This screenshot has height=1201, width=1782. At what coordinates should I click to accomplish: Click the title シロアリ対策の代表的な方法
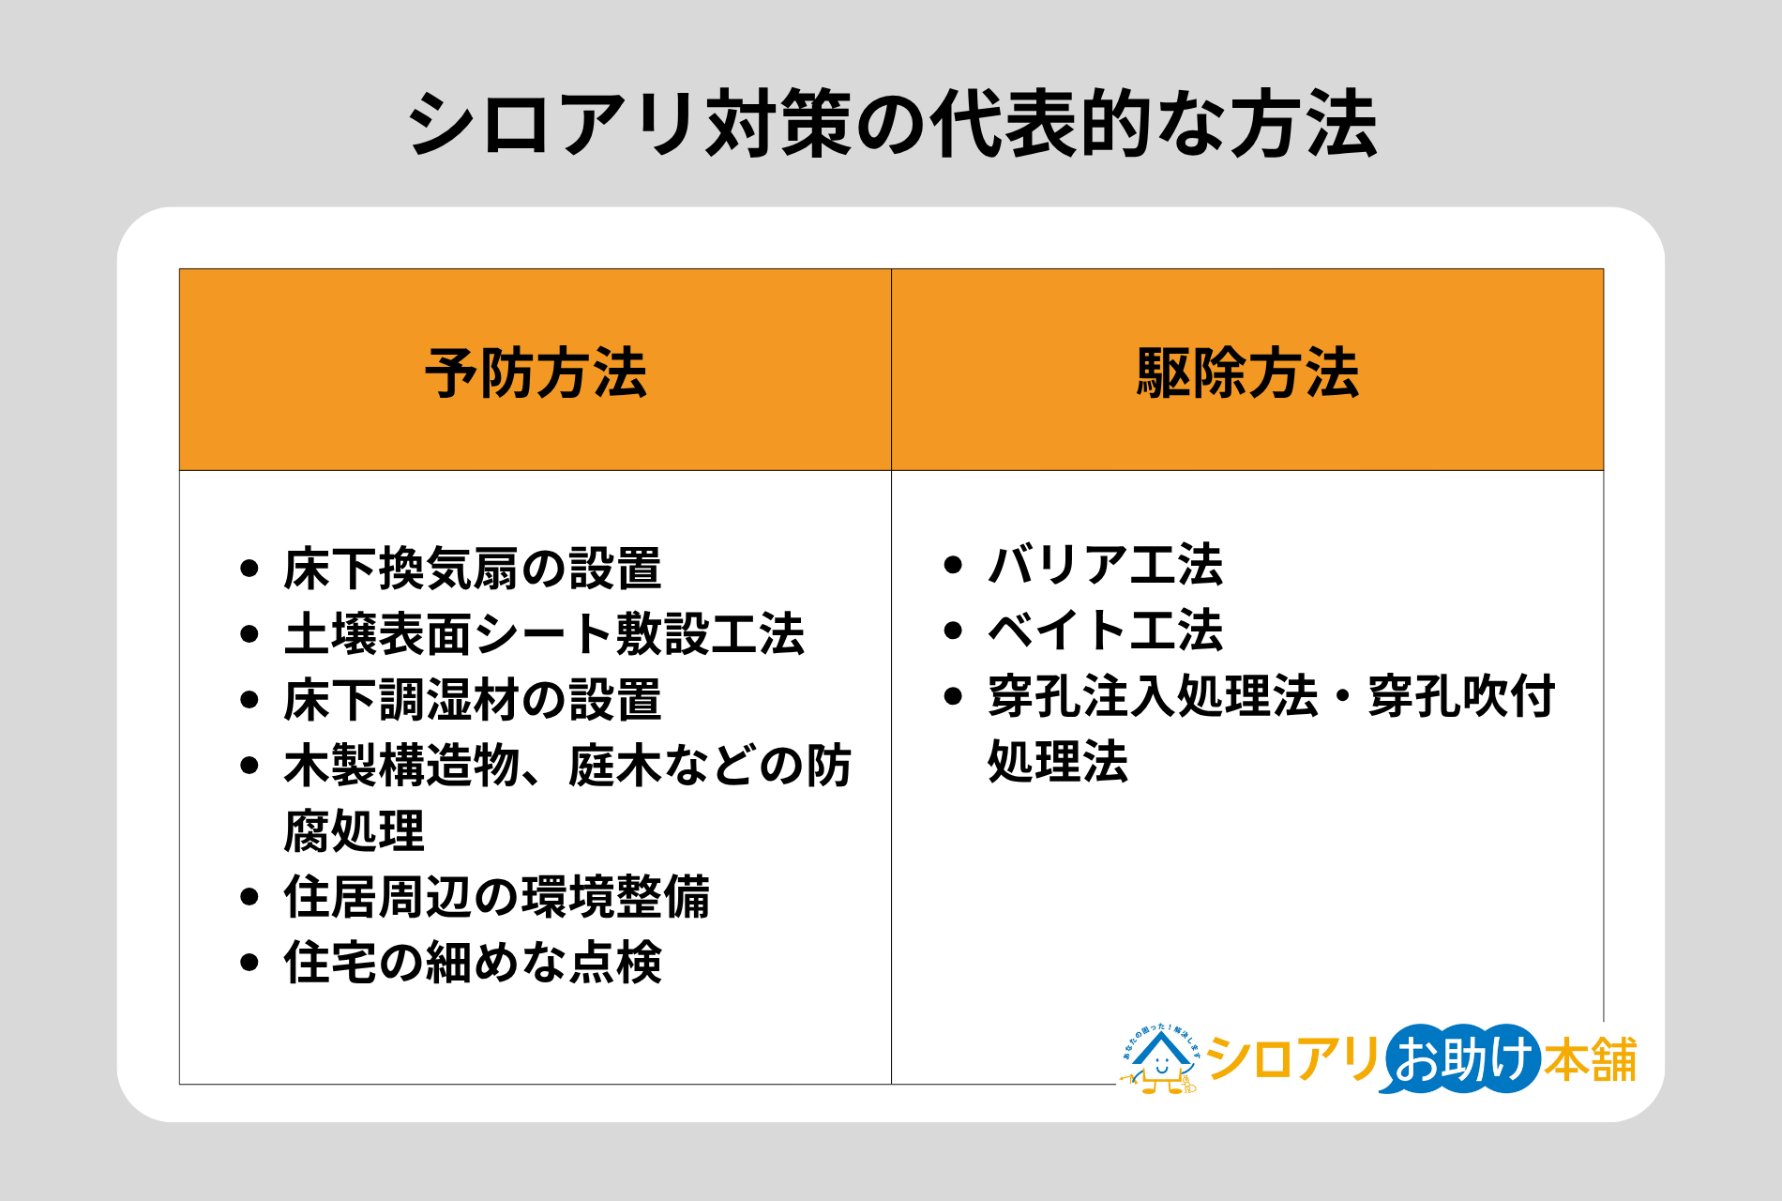891,124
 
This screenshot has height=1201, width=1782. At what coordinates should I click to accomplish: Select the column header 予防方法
536,372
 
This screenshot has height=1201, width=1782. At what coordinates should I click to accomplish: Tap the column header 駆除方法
1247,372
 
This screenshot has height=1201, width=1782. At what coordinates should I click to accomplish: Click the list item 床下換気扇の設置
473,569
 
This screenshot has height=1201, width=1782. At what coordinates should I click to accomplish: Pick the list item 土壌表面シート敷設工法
544,634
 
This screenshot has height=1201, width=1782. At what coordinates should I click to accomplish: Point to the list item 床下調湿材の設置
473,700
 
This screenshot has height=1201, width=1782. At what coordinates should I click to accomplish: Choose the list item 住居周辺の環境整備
497,897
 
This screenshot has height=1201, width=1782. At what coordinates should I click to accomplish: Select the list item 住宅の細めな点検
473,963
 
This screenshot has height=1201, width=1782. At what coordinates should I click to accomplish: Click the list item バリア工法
1105,565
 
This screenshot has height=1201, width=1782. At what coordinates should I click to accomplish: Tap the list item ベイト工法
1105,631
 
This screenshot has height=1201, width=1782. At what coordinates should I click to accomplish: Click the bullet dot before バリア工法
953,565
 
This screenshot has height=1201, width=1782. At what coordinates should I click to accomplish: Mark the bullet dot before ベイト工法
953,631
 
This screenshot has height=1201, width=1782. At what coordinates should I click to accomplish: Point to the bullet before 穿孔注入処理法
953,696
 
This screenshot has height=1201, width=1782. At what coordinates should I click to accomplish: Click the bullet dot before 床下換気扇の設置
249,569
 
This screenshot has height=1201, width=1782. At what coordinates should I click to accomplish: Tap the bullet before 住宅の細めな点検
249,963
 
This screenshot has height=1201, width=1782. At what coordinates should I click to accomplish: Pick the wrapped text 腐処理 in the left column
355,831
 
